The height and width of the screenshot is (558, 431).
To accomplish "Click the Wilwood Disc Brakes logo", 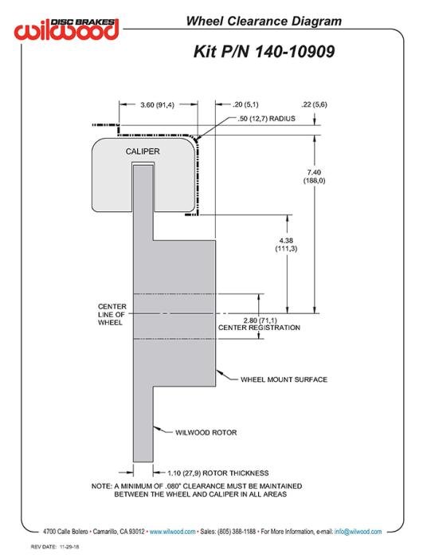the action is click(x=66, y=29).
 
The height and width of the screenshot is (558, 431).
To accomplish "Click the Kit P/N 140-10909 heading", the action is click(x=264, y=52).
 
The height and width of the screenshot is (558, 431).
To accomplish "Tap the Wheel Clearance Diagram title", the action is click(x=264, y=21).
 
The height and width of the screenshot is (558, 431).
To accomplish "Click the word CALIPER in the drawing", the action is click(x=143, y=151).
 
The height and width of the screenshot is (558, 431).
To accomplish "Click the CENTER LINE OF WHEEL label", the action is click(x=112, y=315).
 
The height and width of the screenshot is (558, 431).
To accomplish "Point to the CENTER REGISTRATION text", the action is click(x=259, y=328).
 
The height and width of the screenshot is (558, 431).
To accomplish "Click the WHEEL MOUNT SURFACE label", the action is click(x=284, y=379).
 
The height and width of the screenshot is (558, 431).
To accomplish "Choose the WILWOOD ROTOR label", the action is click(x=206, y=432).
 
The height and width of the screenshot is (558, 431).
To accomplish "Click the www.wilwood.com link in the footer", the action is click(x=172, y=532).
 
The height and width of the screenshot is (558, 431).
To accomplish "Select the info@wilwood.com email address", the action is click(x=358, y=532).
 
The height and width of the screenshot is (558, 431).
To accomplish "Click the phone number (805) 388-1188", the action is click(x=237, y=532).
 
